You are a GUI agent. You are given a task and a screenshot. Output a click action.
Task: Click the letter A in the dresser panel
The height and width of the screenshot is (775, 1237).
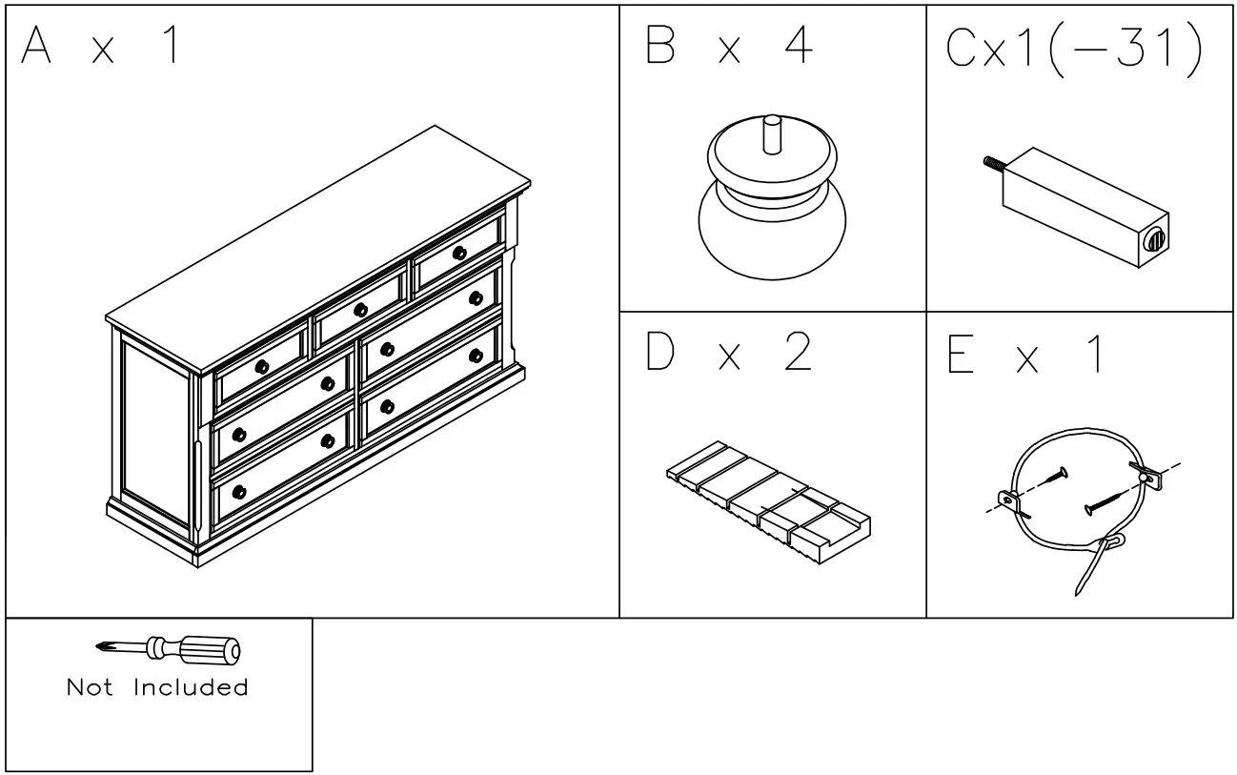click(x=36, y=46)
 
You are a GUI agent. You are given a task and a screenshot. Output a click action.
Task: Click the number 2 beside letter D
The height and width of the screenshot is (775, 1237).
click(x=796, y=353)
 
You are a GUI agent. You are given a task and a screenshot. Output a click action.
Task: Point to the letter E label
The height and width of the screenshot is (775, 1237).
click(x=960, y=355)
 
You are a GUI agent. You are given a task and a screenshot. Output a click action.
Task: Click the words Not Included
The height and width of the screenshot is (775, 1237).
click(x=157, y=687)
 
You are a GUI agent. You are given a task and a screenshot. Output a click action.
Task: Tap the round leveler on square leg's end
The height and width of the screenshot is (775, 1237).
click(x=1154, y=239)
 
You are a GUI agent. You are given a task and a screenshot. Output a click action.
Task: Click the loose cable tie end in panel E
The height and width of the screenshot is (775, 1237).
click(x=1086, y=572)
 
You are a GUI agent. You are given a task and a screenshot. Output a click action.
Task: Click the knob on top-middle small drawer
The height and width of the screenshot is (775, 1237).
click(x=360, y=310)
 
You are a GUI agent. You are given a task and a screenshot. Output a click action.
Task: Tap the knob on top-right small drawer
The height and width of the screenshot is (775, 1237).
click(x=459, y=253)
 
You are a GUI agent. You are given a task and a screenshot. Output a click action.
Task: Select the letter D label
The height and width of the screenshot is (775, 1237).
click(x=660, y=353)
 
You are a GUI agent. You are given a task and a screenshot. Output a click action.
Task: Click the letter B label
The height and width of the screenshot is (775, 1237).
click(x=660, y=46)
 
